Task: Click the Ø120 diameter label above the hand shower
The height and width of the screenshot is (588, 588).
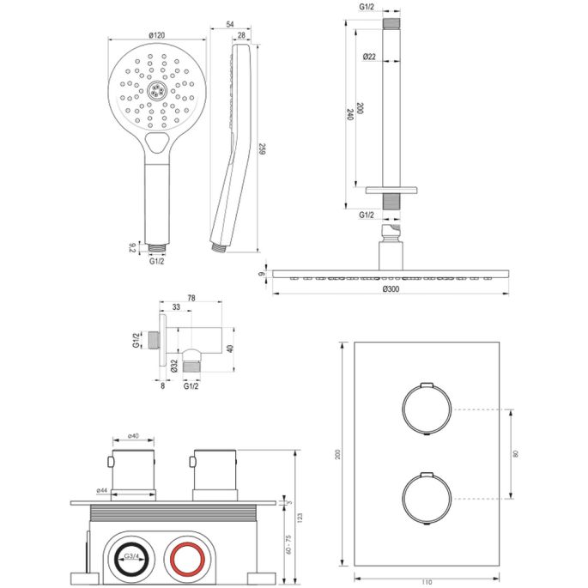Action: [155, 35]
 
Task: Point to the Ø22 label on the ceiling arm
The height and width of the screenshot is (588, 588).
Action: [369, 57]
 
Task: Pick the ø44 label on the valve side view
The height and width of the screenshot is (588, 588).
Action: [101, 490]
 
